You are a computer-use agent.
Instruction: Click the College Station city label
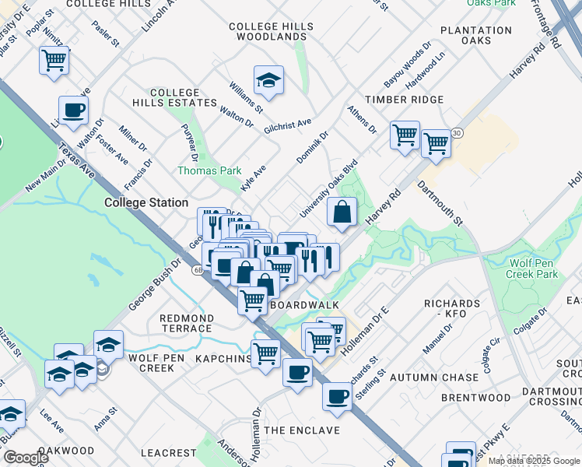coord(146,203)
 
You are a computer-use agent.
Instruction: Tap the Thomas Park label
coord(209,170)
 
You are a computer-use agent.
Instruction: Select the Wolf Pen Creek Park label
coord(533,269)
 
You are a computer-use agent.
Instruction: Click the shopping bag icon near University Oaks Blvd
coord(342,212)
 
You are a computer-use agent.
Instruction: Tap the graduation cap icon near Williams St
coord(268,80)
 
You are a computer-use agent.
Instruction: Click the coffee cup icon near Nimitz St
coord(73,111)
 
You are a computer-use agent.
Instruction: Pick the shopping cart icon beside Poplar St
coord(54,61)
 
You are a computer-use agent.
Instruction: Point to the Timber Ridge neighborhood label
coord(404,100)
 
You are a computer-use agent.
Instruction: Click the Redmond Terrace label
coord(186,323)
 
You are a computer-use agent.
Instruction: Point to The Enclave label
coord(302,430)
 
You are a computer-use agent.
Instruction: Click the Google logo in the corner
coord(26,458)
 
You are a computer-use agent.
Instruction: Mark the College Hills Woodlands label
coord(272,31)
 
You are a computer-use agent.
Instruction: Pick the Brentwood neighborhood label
coord(454,398)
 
